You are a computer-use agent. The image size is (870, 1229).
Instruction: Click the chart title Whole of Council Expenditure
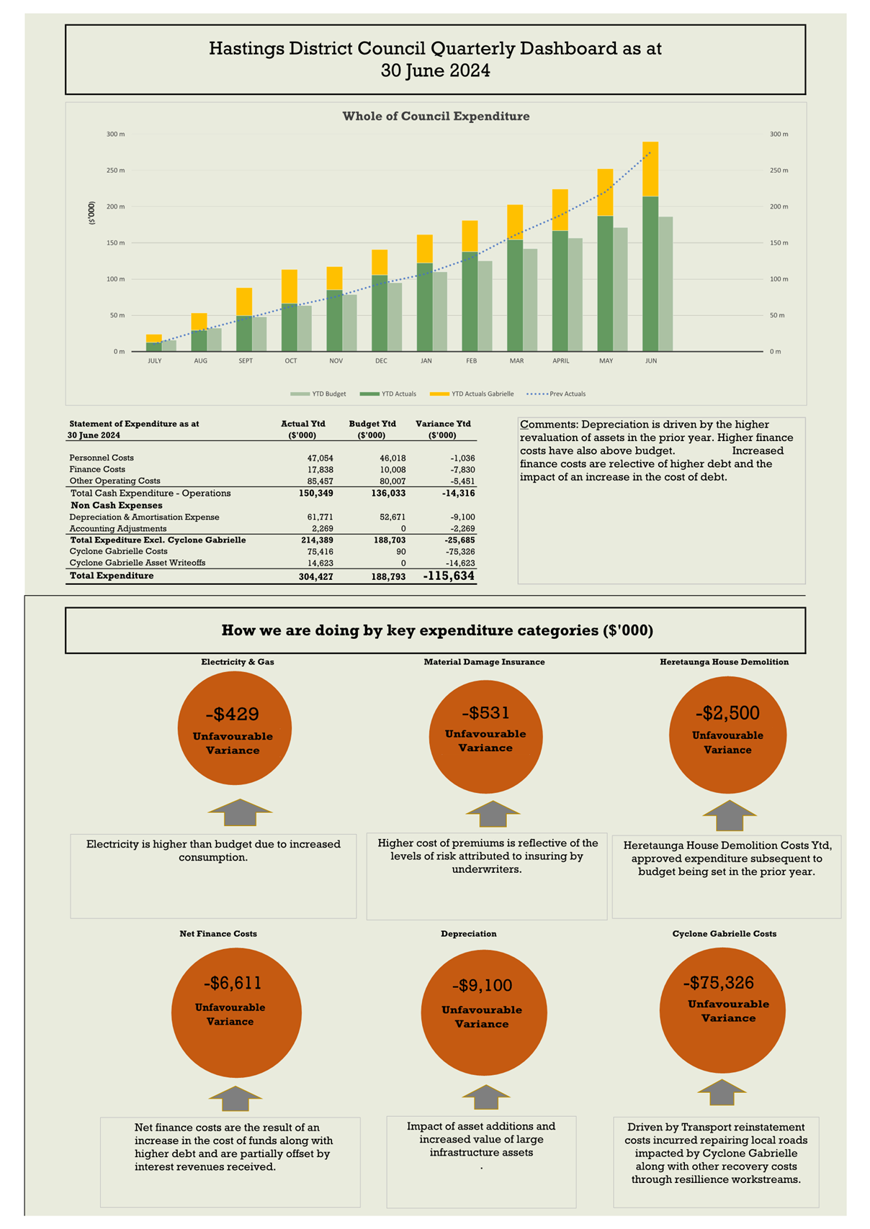[436, 117]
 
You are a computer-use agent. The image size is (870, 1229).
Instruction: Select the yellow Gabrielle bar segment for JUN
[650, 169]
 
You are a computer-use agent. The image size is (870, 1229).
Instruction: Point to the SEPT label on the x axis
[246, 360]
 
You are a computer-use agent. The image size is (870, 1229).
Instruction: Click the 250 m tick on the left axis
[116, 171]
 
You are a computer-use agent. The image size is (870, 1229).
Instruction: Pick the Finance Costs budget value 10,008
[393, 469]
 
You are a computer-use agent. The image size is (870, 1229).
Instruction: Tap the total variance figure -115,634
[449, 576]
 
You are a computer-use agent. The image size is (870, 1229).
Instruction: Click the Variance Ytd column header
[443, 424]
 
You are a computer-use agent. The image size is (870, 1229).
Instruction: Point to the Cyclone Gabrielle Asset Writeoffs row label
[138, 563]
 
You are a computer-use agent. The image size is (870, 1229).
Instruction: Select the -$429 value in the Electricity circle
[232, 714]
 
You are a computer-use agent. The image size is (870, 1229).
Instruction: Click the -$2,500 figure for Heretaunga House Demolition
[727, 713]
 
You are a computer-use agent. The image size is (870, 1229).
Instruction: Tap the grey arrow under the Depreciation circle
[486, 1097]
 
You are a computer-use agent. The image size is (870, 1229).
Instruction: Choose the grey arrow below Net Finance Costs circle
[236, 1099]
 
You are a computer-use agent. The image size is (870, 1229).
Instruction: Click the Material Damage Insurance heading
[484, 662]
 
